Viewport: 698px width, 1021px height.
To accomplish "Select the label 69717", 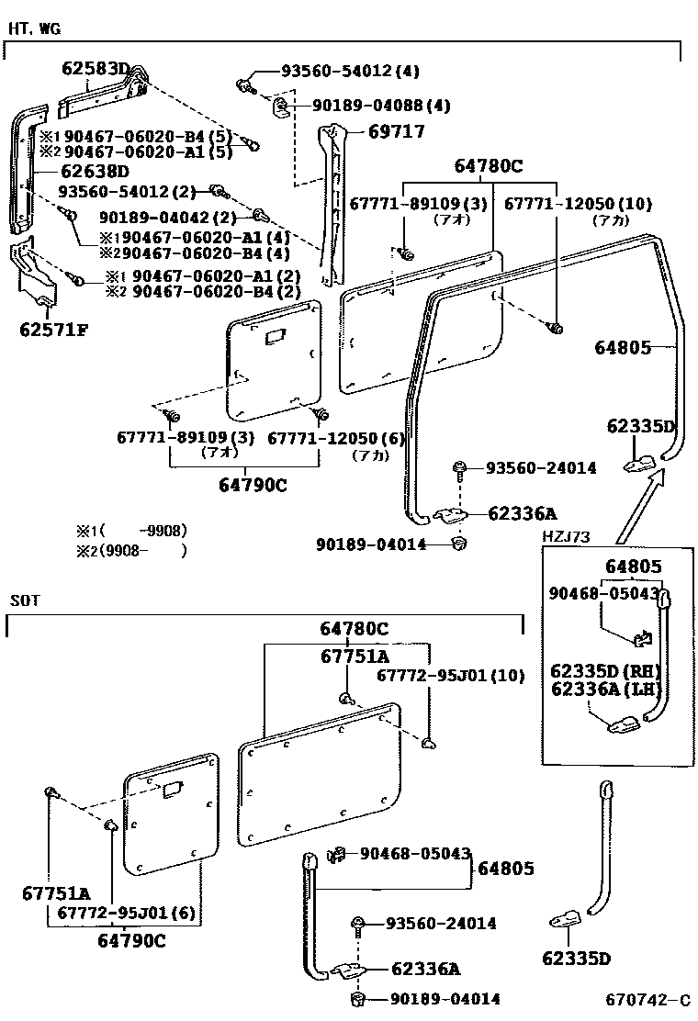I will [396, 132].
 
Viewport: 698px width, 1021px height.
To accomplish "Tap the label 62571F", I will [53, 330].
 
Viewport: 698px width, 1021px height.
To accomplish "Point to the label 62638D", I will [95, 171].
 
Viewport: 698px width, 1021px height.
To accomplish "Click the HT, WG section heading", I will [34, 28].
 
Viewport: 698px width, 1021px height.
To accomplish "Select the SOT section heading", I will [25, 600].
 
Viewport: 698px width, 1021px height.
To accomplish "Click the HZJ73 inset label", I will [566, 536].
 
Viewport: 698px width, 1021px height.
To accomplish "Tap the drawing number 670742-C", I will [647, 1000].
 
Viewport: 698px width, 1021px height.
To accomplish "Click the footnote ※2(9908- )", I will [131, 551].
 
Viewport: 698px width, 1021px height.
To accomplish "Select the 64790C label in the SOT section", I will [132, 940].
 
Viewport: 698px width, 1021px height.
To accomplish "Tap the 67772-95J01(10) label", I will [451, 676].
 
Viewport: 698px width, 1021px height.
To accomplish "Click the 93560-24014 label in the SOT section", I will [441, 924].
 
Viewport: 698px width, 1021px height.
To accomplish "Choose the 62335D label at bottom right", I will [576, 959].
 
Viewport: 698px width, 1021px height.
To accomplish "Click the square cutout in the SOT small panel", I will [171, 789].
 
